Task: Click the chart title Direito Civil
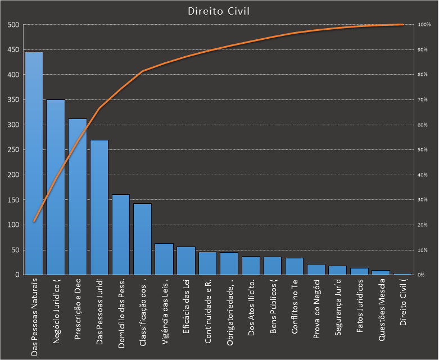(x=219, y=11)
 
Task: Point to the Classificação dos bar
(x=142, y=239)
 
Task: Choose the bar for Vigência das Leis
(x=164, y=259)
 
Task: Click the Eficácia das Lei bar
(x=186, y=261)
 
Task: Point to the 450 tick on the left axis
(x=13, y=50)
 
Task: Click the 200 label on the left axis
(x=13, y=175)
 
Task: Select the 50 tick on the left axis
(x=15, y=250)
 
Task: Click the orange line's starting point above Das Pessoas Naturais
(x=34, y=221)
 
